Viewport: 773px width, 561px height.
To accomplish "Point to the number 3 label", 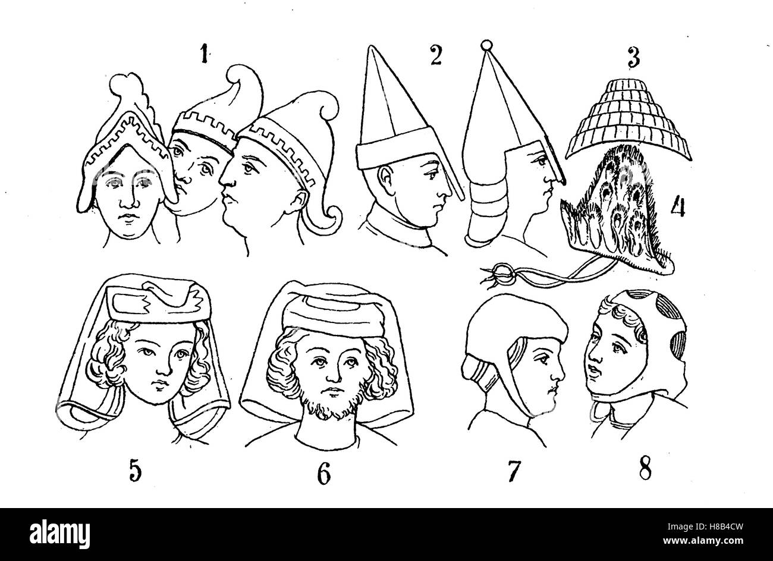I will click(633, 58).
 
